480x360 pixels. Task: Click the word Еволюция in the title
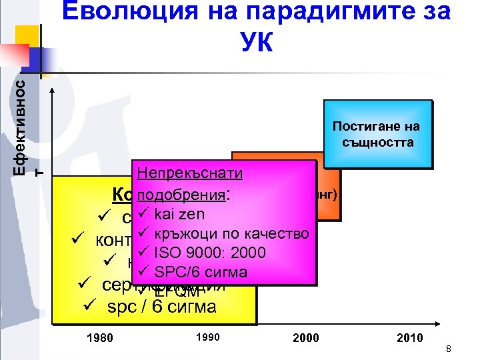click(123, 11)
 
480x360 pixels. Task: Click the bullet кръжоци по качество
click(231, 233)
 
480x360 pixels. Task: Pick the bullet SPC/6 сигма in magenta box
click(201, 271)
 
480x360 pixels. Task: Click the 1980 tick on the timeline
click(100, 337)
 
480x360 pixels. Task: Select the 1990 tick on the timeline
click(208, 337)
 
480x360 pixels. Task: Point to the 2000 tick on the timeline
click(306, 337)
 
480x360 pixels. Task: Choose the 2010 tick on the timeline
click(409, 337)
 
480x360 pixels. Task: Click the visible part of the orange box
click(327, 200)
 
